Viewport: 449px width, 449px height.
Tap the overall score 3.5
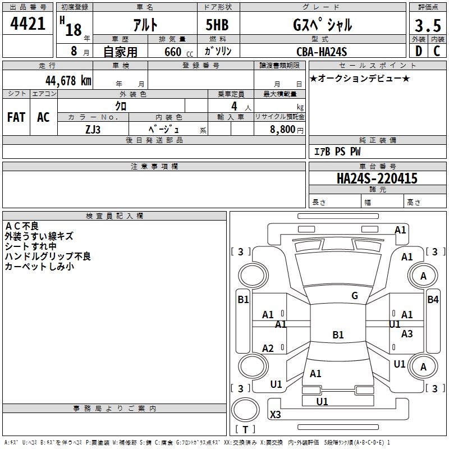click(x=427, y=26)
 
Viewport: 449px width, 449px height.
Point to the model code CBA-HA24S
click(x=322, y=52)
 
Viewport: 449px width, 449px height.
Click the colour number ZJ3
click(x=93, y=129)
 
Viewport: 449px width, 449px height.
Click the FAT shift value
click(x=16, y=117)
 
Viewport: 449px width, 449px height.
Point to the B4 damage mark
click(x=433, y=300)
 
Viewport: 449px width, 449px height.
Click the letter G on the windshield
click(x=355, y=296)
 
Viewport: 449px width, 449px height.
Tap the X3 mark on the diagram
click(x=276, y=415)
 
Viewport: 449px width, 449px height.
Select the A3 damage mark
click(x=407, y=334)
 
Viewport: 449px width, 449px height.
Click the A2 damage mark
click(x=268, y=349)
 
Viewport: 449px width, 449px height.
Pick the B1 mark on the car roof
click(x=338, y=335)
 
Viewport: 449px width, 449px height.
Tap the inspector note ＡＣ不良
click(x=22, y=226)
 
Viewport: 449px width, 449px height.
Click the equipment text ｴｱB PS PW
click(x=337, y=152)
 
